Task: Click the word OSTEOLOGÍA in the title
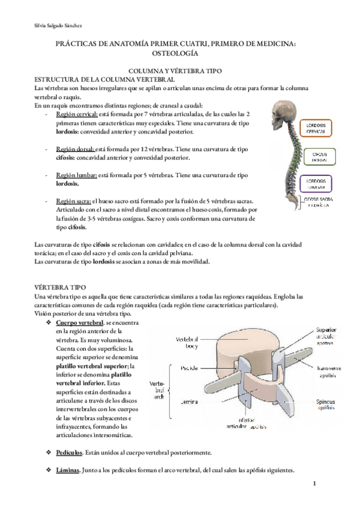coord(180,53)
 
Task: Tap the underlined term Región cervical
coord(75,114)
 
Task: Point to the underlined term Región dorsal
coord(73,148)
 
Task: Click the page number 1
coord(313,484)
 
